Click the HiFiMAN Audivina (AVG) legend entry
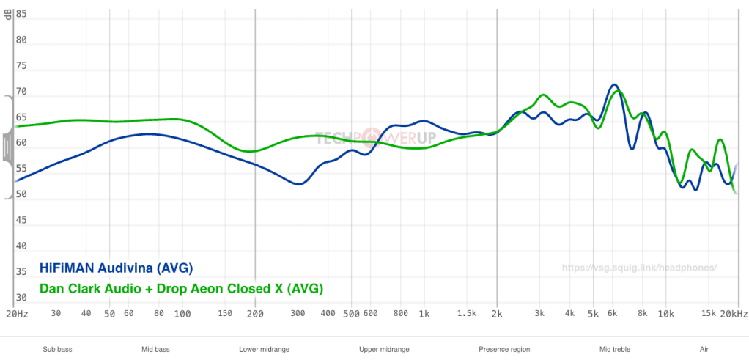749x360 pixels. (x=116, y=269)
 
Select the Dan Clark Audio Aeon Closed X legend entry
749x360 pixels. (x=181, y=289)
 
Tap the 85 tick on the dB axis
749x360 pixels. (x=21, y=14)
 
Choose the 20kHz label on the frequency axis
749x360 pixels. (x=733, y=314)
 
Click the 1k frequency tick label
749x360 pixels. (x=424, y=314)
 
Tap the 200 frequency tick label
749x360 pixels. (x=255, y=314)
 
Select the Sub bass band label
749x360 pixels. (x=58, y=350)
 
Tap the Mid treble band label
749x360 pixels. (x=615, y=350)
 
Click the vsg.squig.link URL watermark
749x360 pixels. (x=639, y=268)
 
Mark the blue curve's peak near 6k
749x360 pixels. (x=614, y=85)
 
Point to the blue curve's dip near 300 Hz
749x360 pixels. (x=298, y=184)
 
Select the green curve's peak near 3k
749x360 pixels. (x=543, y=95)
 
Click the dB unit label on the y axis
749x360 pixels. (x=8, y=15)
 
